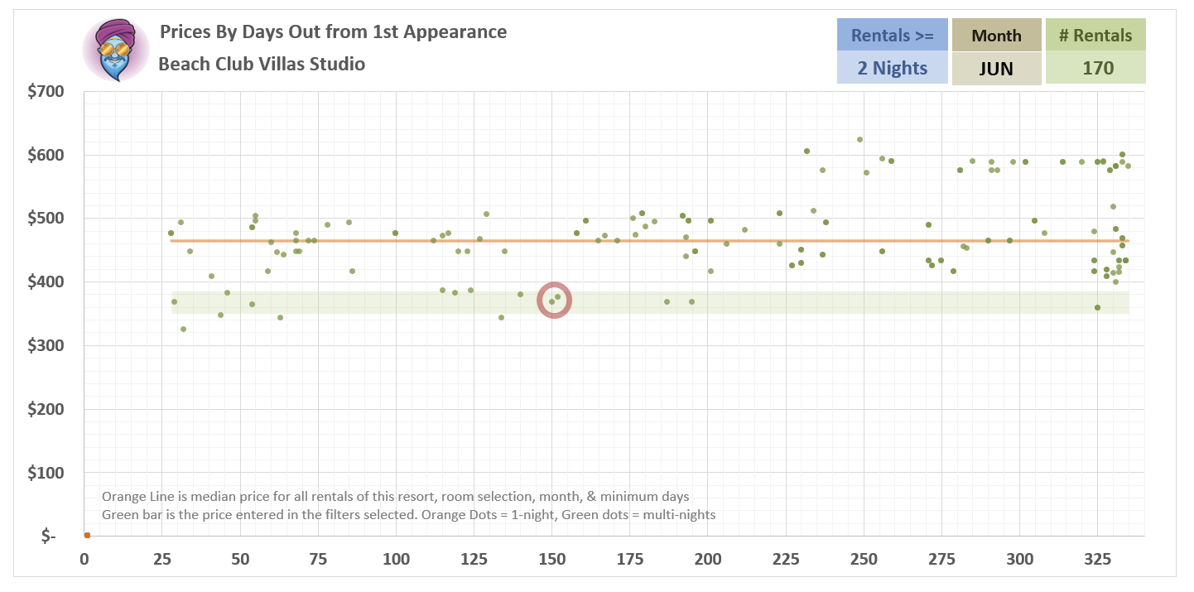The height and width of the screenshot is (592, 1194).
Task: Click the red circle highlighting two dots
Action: pyautogui.click(x=554, y=300)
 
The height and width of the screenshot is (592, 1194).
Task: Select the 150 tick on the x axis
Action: pyautogui.click(x=551, y=559)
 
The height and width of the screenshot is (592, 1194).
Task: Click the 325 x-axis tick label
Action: pyautogui.click(x=1097, y=559)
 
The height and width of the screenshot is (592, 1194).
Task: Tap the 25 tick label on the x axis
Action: pyautogui.click(x=162, y=559)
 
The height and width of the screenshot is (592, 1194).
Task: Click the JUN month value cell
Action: pyautogui.click(x=996, y=69)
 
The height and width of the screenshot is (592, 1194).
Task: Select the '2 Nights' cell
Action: pyautogui.click(x=892, y=68)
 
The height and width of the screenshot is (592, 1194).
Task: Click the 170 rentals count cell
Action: pyautogui.click(x=1095, y=68)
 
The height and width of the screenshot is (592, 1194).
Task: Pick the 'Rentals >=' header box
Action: pyautogui.click(x=892, y=36)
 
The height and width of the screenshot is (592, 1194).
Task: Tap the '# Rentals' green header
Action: pyautogui.click(x=1095, y=36)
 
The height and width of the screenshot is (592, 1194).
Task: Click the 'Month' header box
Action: pyautogui.click(x=996, y=36)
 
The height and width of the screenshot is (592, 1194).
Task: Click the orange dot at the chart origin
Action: pyautogui.click(x=86, y=536)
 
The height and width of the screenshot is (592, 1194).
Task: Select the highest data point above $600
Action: pyautogui.click(x=859, y=139)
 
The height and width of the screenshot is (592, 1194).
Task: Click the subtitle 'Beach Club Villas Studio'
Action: pyautogui.click(x=262, y=64)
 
